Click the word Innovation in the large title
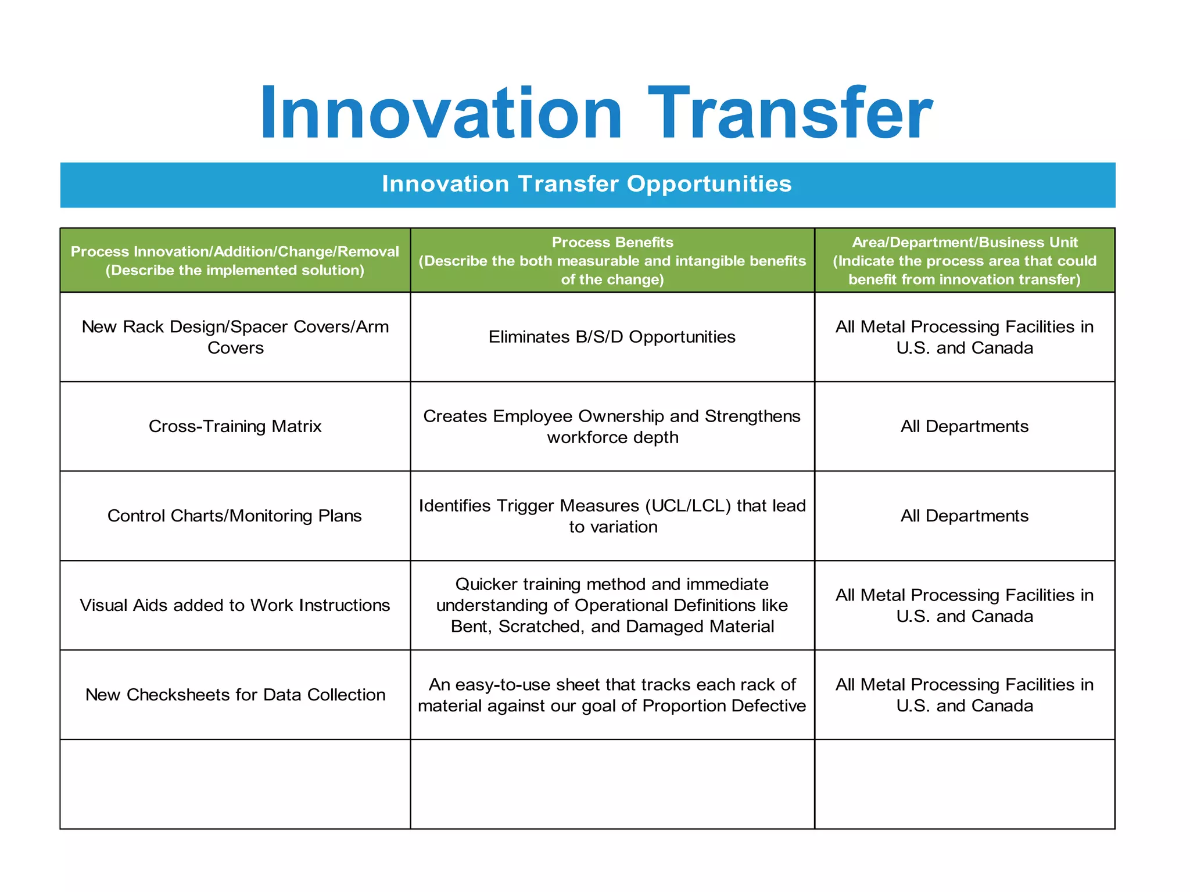tap(442, 113)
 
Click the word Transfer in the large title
tap(790, 113)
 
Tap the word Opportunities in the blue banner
tap(709, 184)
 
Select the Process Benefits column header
tap(612, 261)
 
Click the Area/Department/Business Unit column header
tap(965, 261)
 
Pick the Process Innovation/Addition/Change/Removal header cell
tap(235, 261)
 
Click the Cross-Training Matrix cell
tap(235, 426)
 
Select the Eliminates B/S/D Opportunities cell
tap(612, 337)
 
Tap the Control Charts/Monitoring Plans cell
tap(235, 516)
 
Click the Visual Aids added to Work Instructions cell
tap(235, 605)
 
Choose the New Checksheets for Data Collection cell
tap(235, 695)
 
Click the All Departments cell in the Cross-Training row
tap(965, 426)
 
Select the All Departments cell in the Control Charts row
tap(965, 516)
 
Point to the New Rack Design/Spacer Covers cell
tap(235, 337)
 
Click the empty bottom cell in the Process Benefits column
tap(612, 784)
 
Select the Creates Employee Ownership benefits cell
tap(612, 426)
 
